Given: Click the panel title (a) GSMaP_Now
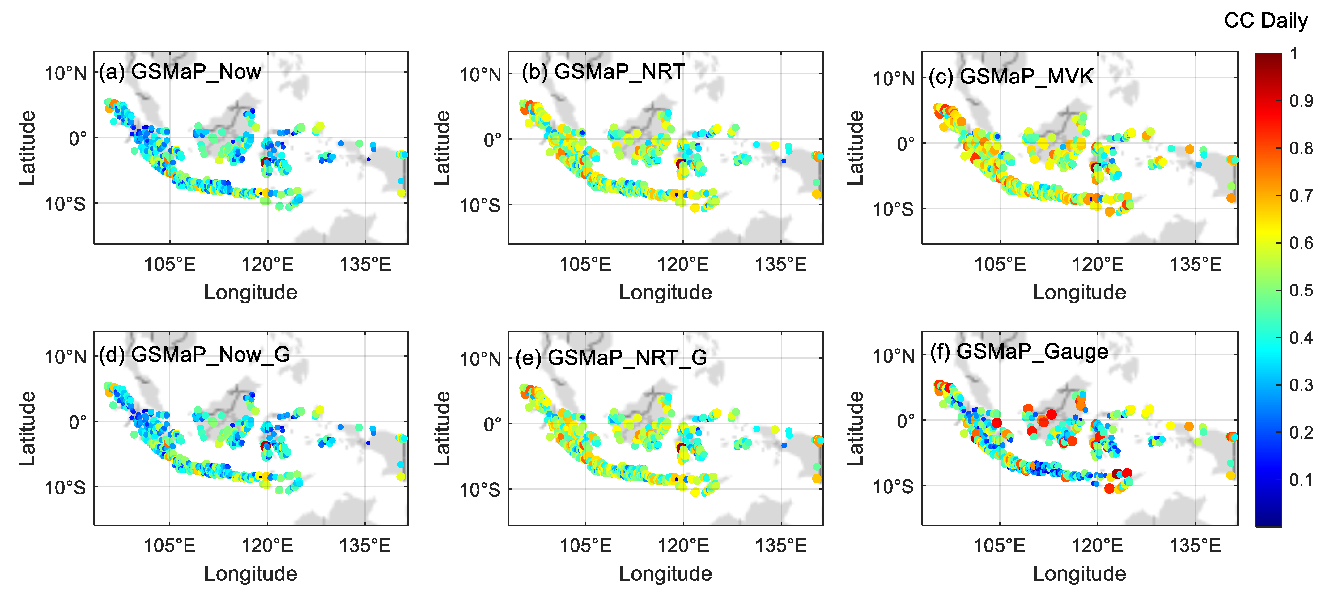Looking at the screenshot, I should (180, 72).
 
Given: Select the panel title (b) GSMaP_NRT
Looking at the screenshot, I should (603, 72).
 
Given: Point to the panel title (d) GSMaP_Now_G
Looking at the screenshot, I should (194, 354).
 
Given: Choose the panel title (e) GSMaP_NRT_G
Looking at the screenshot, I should (611, 358).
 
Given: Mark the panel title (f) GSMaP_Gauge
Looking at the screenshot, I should (1019, 351).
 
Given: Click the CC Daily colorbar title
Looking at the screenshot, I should (1265, 21).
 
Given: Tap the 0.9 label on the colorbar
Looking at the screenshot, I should (1301, 101).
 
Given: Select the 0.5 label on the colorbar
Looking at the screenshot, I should (1301, 290).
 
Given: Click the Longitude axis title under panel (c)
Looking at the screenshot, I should (1079, 292).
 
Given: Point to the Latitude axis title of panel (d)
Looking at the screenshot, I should (28, 428).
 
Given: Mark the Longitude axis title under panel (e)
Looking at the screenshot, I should (665, 573).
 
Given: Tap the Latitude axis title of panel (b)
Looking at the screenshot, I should (442, 148).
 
